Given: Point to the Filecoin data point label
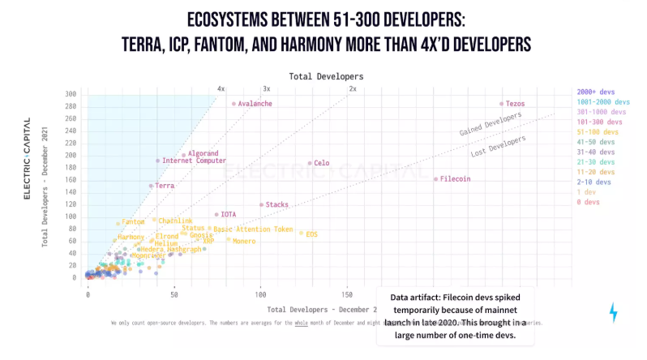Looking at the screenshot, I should (x=456, y=178).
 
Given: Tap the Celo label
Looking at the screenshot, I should (x=321, y=163).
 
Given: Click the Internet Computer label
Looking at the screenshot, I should (x=194, y=161).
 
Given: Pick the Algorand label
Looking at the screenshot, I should (x=204, y=153).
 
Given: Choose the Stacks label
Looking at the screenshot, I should (x=276, y=204).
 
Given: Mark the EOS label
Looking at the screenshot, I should (x=311, y=234).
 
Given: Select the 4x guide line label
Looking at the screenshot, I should (x=221, y=88).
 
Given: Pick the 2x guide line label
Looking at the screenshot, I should (x=353, y=88).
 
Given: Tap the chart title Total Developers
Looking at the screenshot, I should (x=327, y=75).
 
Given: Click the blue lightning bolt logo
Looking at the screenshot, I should (x=613, y=312).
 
